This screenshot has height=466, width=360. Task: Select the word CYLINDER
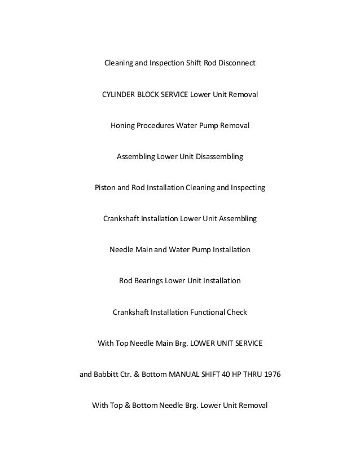119,94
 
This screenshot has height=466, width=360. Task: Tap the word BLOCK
149,94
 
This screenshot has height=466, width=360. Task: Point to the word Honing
123,125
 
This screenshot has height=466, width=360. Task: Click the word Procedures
156,125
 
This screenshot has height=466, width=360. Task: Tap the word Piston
106,187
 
